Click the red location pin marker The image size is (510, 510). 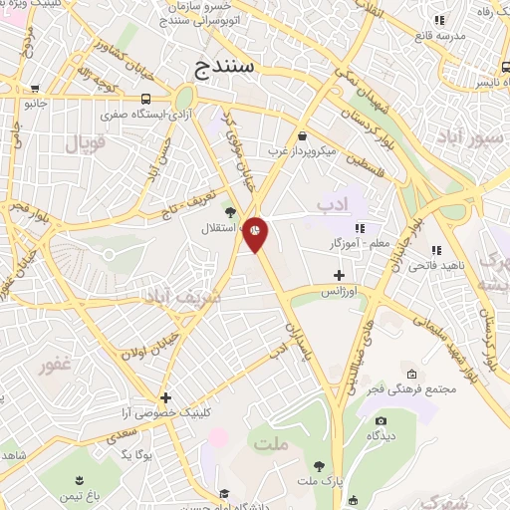click(256, 233)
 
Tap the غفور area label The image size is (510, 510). click(54, 366)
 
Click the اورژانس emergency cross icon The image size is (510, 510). click(340, 275)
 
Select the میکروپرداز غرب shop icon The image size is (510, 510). click(301, 136)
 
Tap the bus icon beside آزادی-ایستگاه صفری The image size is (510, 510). click(146, 100)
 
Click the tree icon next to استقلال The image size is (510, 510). click(230, 211)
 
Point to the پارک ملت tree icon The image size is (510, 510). click(319, 465)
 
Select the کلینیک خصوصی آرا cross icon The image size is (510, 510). click(165, 397)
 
